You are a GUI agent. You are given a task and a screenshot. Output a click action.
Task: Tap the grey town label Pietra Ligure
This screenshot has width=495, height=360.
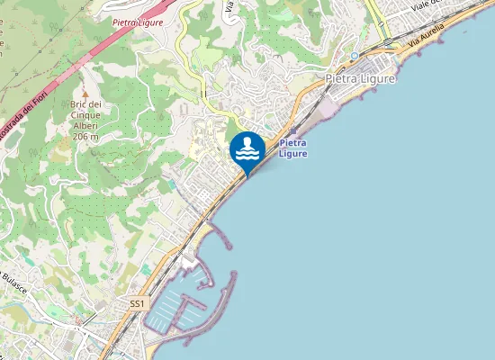pyautogui.click(x=360, y=78)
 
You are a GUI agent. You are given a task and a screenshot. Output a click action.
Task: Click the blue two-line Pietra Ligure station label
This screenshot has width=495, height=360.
pyautogui.click(x=293, y=148)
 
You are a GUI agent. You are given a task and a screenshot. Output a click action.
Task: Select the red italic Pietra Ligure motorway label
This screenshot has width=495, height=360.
pyautogui.click(x=138, y=22)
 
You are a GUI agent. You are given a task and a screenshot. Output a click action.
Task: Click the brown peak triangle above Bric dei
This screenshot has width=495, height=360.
pyautogui.click(x=85, y=93)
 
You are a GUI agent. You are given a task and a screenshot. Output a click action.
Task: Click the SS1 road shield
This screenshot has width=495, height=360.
pyautogui.click(x=137, y=304)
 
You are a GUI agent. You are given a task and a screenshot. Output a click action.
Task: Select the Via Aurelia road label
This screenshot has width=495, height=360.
pyautogui.click(x=427, y=38)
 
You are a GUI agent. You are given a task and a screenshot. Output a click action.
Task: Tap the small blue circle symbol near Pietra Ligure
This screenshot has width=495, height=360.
pyautogui.click(x=355, y=55)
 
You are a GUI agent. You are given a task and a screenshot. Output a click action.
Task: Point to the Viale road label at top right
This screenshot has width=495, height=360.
pyautogui.click(x=423, y=6)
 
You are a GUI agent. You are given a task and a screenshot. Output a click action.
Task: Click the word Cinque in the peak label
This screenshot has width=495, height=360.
pyautogui.click(x=85, y=116)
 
